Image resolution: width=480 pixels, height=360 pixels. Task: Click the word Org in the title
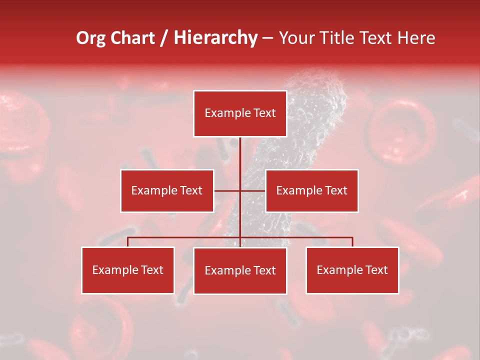(90, 38)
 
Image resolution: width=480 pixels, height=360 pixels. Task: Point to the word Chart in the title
(133, 38)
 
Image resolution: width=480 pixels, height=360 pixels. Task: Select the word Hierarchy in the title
(215, 38)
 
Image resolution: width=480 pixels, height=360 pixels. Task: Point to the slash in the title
(164, 38)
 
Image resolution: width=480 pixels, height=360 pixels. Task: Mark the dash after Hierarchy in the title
(267, 38)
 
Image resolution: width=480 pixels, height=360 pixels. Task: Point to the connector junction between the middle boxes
(240, 190)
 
